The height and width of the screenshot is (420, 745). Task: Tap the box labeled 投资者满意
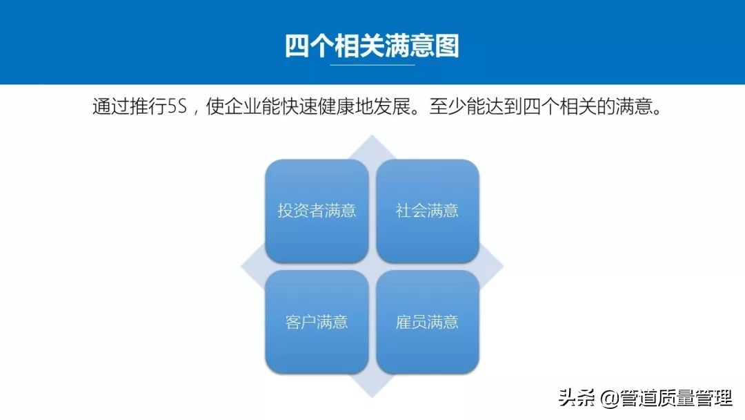point(317,211)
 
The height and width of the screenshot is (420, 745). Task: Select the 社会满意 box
point(428,211)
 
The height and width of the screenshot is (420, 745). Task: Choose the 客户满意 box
point(317,322)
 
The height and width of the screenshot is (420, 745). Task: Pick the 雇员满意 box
point(428,322)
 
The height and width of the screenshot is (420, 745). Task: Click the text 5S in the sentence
point(178,108)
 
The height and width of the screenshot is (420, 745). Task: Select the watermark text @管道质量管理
point(666,399)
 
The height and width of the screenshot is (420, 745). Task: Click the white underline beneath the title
point(372,65)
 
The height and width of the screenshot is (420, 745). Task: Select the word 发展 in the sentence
point(393,108)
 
